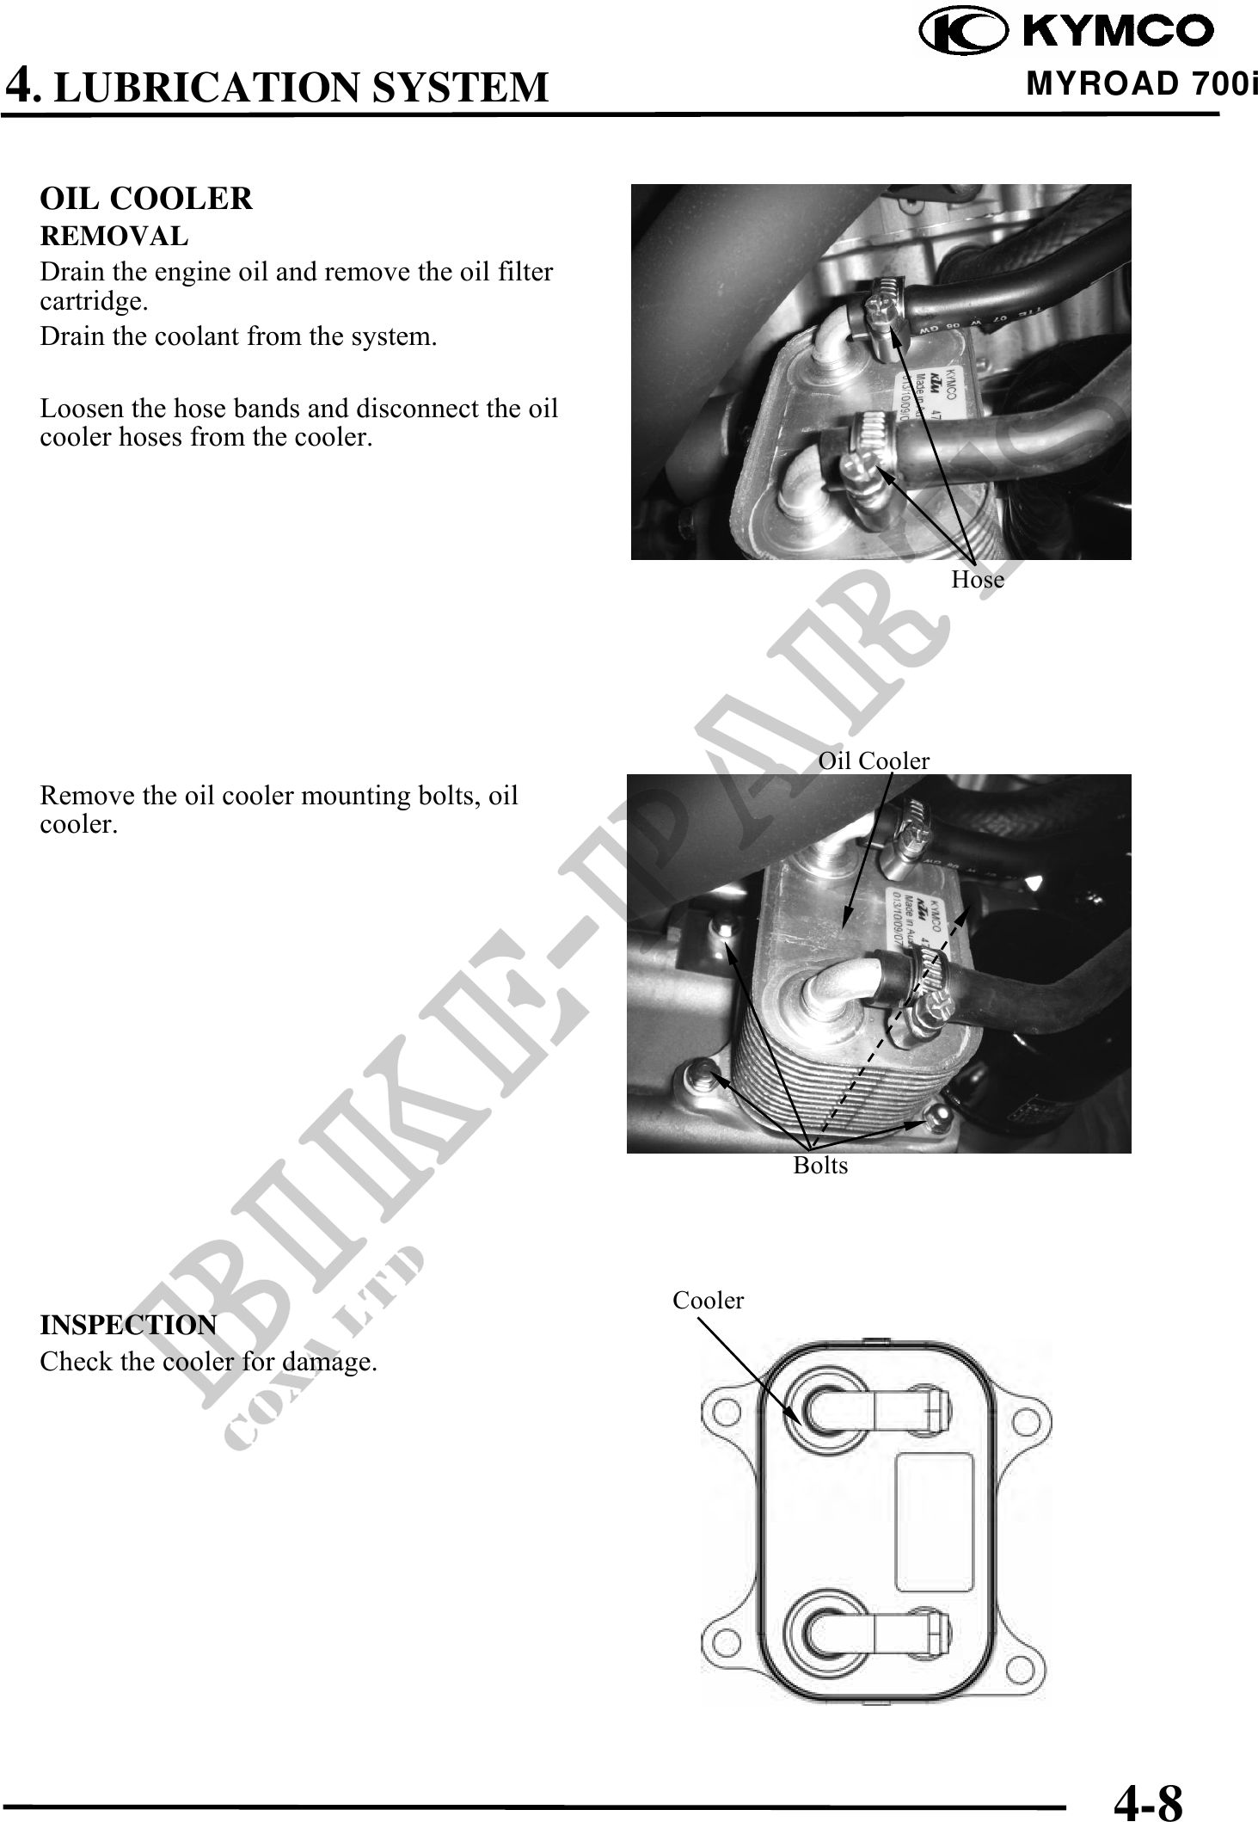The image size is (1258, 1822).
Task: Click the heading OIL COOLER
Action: [x=146, y=199]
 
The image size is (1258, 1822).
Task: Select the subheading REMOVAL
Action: [x=114, y=236]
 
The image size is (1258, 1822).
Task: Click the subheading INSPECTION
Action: [x=128, y=1325]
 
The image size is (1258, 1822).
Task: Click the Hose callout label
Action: [x=978, y=580]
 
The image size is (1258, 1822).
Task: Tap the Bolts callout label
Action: [x=820, y=1165]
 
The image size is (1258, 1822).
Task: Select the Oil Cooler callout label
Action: [x=874, y=760]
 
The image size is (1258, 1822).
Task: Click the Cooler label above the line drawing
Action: [x=708, y=1300]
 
